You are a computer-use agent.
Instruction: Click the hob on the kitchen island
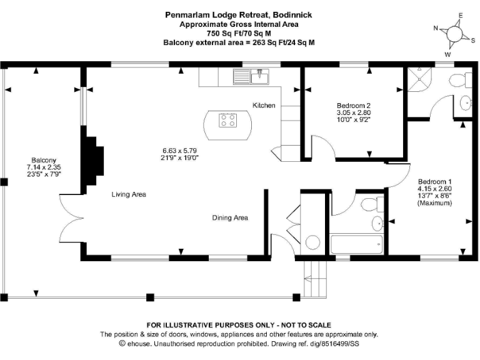click(x=227, y=119)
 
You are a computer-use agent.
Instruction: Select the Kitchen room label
click(x=264, y=106)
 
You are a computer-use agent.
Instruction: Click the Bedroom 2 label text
click(x=354, y=106)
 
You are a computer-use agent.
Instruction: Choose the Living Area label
click(x=129, y=194)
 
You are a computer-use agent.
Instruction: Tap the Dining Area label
click(x=230, y=217)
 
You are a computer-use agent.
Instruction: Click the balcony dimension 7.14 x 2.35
click(x=43, y=167)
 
